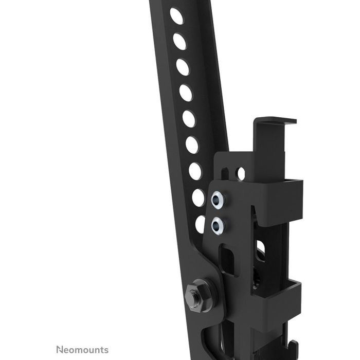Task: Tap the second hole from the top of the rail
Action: coord(179,41)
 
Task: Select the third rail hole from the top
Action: coord(183,67)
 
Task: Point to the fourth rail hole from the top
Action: coord(186,93)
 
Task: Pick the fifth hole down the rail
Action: coord(189,119)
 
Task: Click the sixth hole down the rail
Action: coord(192,145)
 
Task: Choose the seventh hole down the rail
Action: coord(195,171)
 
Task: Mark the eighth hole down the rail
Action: coord(198,197)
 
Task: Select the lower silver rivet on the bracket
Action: coord(218,223)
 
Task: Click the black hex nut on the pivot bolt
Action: coord(196,292)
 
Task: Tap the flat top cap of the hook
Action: coord(275,121)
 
